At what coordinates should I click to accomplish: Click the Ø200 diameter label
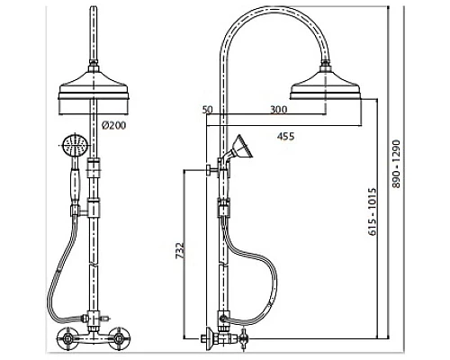point(114,125)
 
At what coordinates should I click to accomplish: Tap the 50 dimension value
point(207,110)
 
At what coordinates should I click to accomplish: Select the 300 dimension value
point(279,110)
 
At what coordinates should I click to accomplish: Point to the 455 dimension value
point(285,137)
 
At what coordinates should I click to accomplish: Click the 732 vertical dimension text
point(179,250)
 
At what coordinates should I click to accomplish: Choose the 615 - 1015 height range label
point(372,211)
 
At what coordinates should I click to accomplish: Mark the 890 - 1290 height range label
point(397,164)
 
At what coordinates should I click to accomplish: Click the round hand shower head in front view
point(75,146)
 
